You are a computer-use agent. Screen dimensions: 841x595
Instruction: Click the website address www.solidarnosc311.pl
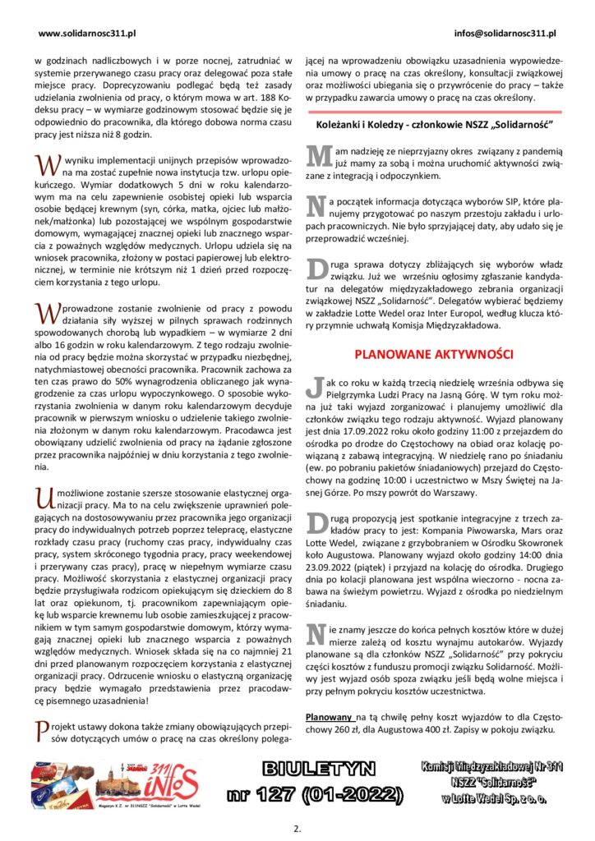86,34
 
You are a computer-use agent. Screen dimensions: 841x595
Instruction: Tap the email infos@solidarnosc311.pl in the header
505,34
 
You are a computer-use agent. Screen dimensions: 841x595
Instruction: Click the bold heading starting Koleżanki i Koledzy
433,125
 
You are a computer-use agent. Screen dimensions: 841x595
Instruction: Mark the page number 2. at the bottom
297,827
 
